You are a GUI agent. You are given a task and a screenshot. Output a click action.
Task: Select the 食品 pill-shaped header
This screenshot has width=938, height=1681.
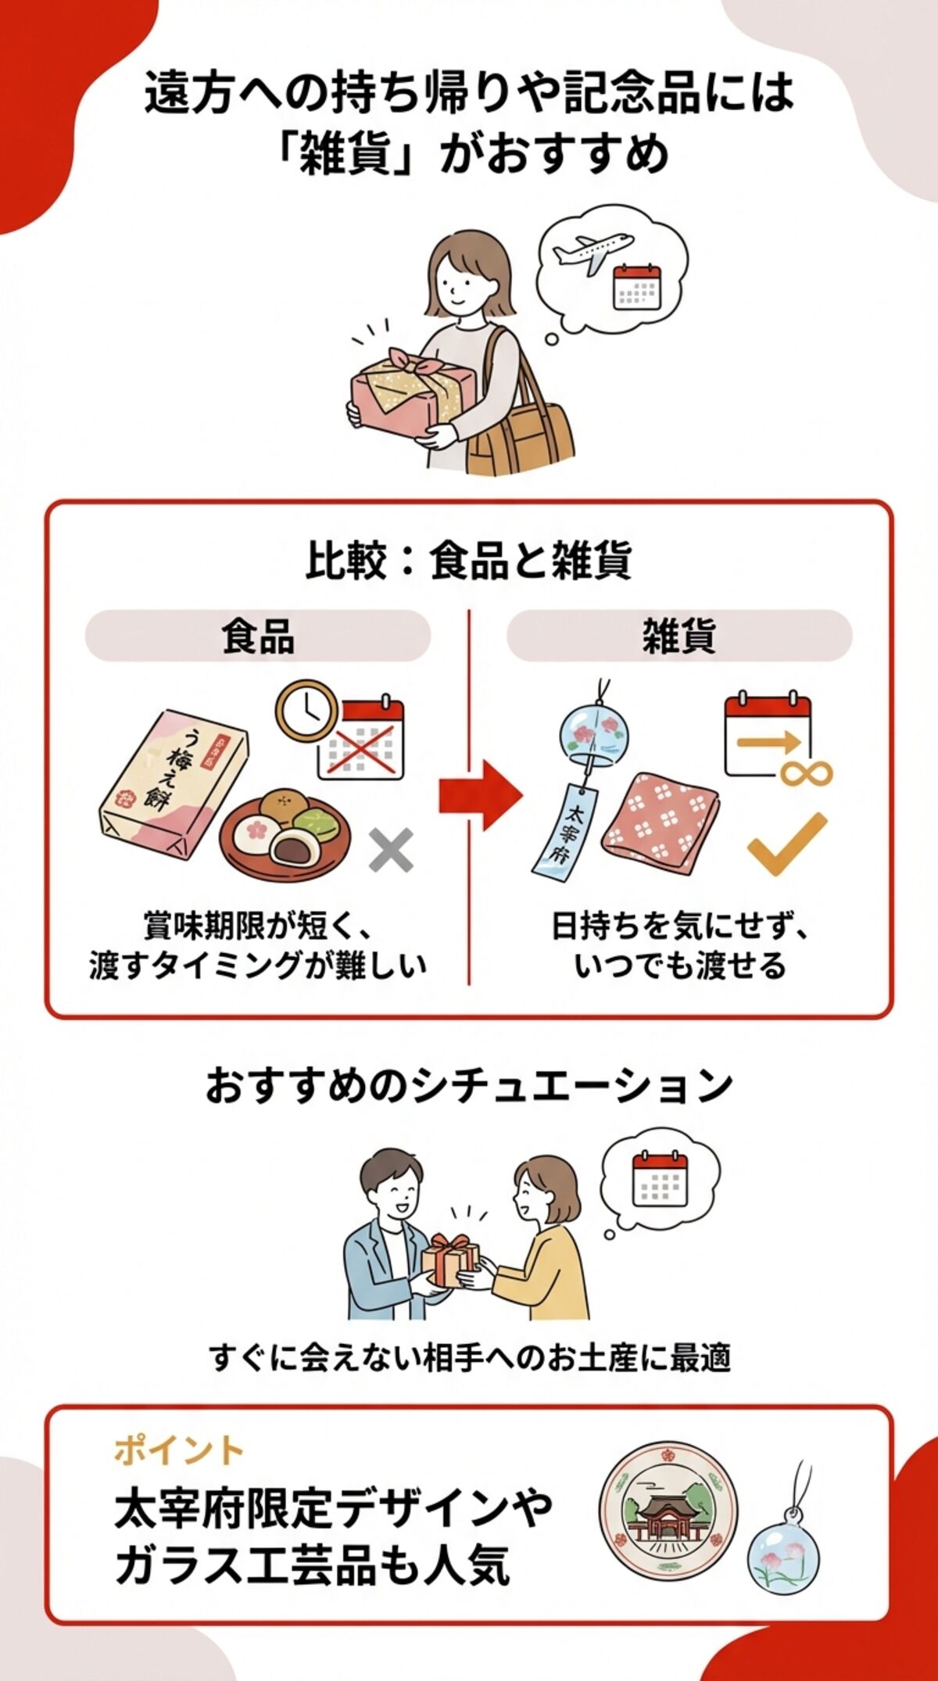258,636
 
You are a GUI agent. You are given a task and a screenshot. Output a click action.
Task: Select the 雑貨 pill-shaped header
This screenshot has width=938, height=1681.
678,636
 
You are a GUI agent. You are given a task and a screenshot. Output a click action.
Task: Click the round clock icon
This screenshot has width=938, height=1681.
307,710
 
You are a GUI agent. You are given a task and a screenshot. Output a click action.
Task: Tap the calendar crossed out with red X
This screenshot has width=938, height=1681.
361,739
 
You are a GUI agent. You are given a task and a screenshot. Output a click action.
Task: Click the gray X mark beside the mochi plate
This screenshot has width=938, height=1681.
391,851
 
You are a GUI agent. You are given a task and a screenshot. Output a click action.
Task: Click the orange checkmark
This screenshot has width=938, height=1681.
786,844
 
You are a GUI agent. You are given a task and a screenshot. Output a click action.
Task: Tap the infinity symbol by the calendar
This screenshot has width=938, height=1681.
806,774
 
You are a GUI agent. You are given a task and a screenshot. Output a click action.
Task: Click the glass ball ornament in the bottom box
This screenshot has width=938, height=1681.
784,1552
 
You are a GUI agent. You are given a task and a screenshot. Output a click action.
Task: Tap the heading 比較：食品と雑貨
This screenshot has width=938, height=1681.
468,561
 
